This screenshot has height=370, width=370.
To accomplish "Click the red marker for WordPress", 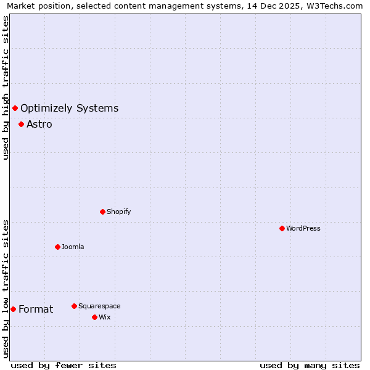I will [282, 228].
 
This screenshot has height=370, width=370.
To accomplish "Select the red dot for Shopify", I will [102, 212].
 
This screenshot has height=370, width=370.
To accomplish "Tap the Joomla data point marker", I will [57, 247].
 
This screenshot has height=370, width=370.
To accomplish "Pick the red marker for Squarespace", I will [74, 306].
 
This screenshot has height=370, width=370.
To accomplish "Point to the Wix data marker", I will [94, 317].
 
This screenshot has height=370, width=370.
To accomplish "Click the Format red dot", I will [13, 309].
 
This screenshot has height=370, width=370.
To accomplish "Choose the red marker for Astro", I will [21, 124].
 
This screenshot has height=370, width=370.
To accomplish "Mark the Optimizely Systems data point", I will [15, 109].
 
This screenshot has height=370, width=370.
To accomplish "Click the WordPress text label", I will [303, 228].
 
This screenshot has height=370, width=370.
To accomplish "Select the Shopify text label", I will [118, 212].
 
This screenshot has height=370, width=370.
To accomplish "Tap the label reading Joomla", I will [73, 247].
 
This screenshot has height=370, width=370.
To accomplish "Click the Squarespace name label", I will [99, 306].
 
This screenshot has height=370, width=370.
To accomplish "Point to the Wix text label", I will [104, 317].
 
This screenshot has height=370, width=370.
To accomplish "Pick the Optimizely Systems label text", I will [69, 109].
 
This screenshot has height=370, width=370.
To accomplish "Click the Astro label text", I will [39, 124].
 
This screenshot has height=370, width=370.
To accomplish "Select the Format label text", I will [36, 309].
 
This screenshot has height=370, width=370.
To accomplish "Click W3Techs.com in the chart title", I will [335, 6].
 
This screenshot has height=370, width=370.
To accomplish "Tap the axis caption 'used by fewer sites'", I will [64, 365].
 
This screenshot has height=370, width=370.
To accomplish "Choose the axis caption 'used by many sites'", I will [310, 365].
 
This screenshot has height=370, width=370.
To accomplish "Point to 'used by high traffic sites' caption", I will [6, 88].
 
